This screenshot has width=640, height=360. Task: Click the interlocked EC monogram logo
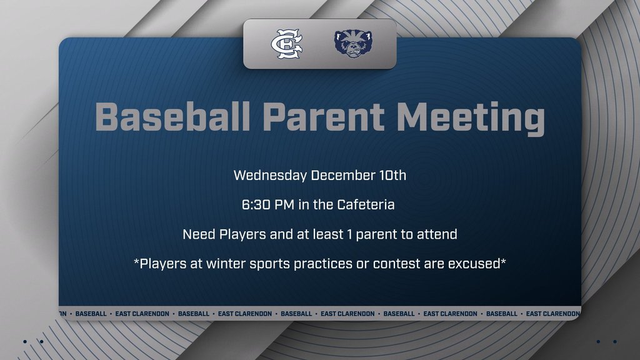pyautogui.click(x=286, y=44)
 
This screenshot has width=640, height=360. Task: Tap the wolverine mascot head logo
pyautogui.click(x=353, y=44)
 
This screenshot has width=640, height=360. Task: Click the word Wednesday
pyautogui.click(x=270, y=175)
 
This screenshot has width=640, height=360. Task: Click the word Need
pyautogui.click(x=199, y=234)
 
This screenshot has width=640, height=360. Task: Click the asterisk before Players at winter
pyautogui.click(x=136, y=261)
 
